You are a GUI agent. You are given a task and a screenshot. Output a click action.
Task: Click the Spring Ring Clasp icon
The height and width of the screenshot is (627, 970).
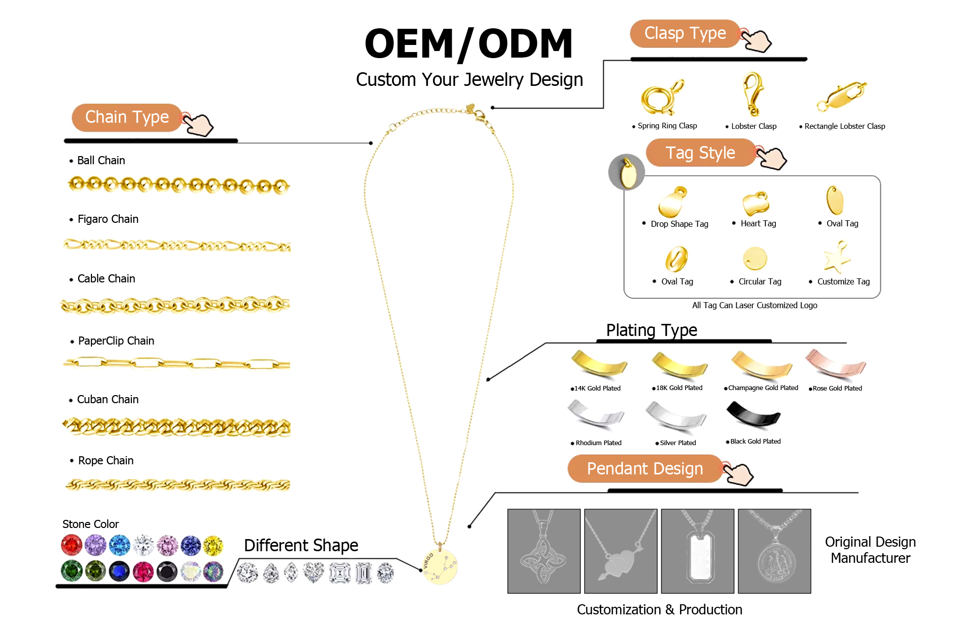(x=661, y=98)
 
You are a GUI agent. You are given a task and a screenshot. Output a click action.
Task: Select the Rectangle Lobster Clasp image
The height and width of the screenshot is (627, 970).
(x=842, y=95)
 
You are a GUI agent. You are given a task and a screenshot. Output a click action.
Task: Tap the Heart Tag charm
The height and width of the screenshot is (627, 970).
(x=756, y=203)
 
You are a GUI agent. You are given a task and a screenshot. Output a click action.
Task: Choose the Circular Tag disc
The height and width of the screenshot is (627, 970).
(x=755, y=259)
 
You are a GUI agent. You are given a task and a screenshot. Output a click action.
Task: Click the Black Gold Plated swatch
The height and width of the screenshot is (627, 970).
(x=753, y=415)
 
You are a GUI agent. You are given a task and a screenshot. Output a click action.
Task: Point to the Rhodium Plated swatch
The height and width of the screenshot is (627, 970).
(x=596, y=415)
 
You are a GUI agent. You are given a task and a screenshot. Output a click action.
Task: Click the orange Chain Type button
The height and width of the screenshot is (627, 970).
(x=127, y=117)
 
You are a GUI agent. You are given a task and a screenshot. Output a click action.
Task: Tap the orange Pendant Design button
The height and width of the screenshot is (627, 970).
(x=645, y=469)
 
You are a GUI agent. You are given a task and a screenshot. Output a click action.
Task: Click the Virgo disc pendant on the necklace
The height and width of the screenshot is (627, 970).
(x=440, y=566)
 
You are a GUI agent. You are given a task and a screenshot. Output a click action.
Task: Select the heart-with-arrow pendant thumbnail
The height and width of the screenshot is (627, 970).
(x=620, y=551)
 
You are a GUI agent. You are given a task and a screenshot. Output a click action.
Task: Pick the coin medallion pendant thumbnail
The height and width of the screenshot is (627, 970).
(x=774, y=551)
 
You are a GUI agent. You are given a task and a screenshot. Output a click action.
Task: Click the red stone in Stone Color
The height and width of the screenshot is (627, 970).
(x=71, y=545)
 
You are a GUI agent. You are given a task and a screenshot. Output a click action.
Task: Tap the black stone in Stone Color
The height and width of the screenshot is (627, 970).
(x=167, y=571)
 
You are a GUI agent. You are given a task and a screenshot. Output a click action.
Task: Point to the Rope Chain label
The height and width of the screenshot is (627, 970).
(x=106, y=461)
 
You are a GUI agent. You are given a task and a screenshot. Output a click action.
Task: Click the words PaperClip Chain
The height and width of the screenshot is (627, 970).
(x=116, y=341)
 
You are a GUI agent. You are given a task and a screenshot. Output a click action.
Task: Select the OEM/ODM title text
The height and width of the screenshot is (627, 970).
(x=468, y=44)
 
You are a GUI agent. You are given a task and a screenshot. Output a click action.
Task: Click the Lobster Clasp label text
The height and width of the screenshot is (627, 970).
(x=753, y=126)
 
